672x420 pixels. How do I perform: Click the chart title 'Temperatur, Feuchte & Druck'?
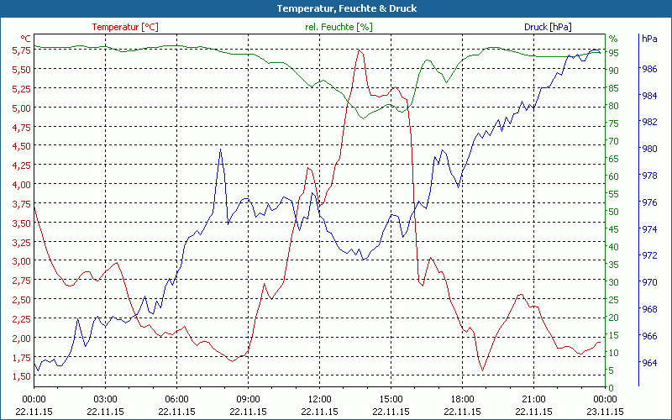click(x=335, y=8)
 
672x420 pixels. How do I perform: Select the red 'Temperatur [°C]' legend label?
click(x=125, y=27)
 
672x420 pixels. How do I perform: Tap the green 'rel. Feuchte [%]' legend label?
click(x=338, y=27)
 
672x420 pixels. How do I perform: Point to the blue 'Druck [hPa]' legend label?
click(x=548, y=27)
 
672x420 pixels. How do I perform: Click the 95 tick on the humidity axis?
click(x=613, y=53)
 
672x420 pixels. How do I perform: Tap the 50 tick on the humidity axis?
click(x=613, y=212)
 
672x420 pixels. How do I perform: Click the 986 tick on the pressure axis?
click(x=649, y=69)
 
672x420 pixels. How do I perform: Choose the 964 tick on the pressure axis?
click(x=649, y=363)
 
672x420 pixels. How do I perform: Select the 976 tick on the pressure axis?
click(x=649, y=202)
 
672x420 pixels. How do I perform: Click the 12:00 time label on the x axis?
click(x=319, y=399)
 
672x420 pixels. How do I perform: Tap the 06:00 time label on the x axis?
click(x=176, y=399)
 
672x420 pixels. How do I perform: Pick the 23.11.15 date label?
click(x=606, y=412)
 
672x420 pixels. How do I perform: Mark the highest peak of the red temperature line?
click(x=360, y=50)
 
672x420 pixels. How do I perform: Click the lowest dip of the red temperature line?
click(x=482, y=370)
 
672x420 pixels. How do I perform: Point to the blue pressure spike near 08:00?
click(x=220, y=150)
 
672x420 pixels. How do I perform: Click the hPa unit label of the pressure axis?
click(x=649, y=39)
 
